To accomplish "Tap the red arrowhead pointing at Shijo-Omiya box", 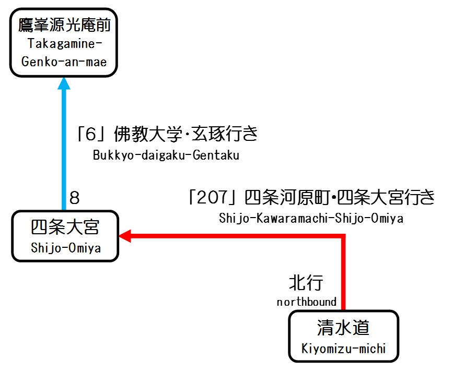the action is click(125, 237).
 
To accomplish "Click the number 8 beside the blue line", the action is click(75, 198).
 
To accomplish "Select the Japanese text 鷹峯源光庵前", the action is click(64, 25).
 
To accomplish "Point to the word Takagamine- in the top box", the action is click(64, 44).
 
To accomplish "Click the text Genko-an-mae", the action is click(64, 62).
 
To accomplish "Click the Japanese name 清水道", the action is click(343, 328).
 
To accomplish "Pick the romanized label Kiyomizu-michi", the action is click(343, 348).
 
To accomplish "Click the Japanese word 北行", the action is click(306, 283).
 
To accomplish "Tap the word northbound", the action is click(307, 302).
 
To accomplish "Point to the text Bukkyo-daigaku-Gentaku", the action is click(166, 155).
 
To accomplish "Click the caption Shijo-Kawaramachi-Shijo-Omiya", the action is click(311, 219).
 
